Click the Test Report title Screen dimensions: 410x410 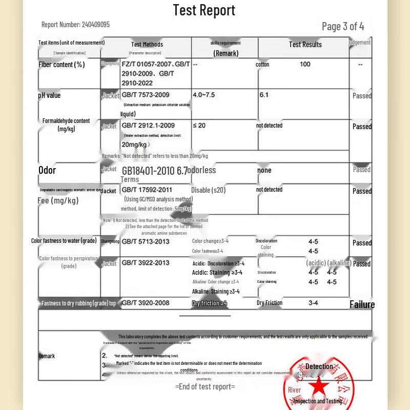[x=204, y=10]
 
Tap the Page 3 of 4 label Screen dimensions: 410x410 [x=343, y=26]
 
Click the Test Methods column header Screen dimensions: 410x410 [x=147, y=45]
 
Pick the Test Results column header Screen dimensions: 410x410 [x=305, y=45]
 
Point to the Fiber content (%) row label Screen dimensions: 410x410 [x=61, y=65]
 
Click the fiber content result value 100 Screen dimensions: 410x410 [x=305, y=64]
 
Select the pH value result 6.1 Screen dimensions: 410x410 [x=264, y=95]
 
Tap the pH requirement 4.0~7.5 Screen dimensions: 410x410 [x=204, y=95]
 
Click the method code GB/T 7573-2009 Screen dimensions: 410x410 [x=146, y=95]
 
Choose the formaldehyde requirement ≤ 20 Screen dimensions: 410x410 [x=199, y=126]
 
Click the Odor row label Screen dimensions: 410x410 [x=47, y=170]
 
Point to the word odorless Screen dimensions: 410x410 [x=203, y=170]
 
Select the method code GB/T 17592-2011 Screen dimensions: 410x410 [x=147, y=190]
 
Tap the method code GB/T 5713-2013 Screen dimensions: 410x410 [x=146, y=241]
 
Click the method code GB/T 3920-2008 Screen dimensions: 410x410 [x=146, y=303]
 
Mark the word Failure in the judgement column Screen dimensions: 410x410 [x=362, y=304]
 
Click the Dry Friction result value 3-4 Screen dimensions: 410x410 [x=313, y=303]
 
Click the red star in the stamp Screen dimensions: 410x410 [x=319, y=387]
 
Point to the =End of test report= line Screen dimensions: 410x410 [x=205, y=386]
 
